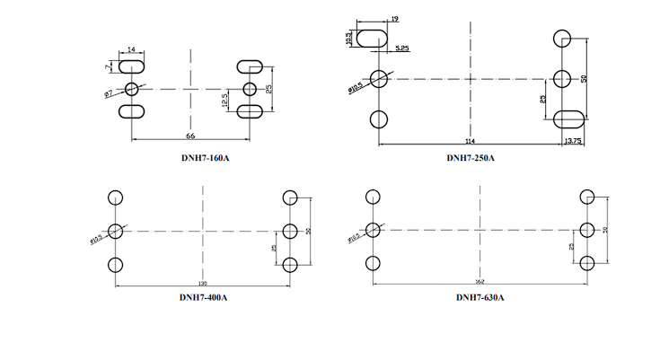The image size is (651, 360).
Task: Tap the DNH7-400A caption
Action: pos(203,297)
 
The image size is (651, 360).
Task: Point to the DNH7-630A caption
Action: pos(479,297)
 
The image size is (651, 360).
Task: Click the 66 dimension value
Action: pos(190,136)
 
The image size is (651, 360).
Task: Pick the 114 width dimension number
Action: pos(470,141)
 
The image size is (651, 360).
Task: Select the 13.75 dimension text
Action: pos(572,141)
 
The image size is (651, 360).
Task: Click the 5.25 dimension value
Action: pos(401,47)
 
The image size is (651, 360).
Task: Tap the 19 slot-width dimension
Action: pos(395,19)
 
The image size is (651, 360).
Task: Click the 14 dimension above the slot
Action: pos(132,50)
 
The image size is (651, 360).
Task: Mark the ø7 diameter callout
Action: pos(109,93)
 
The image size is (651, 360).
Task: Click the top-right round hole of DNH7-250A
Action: pos(562,38)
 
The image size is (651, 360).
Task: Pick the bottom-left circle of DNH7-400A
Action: pos(114,265)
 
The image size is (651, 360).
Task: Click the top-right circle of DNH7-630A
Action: pos(587,198)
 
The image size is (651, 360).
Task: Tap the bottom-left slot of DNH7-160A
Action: pos(132,111)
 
